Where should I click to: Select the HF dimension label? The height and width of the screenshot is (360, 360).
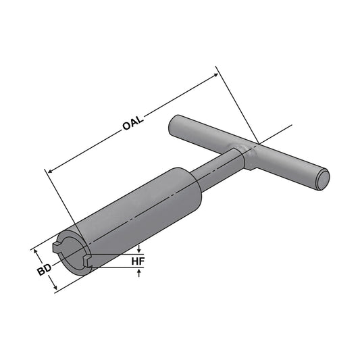(138, 260)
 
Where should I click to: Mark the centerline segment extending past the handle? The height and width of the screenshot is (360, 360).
(280, 131)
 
